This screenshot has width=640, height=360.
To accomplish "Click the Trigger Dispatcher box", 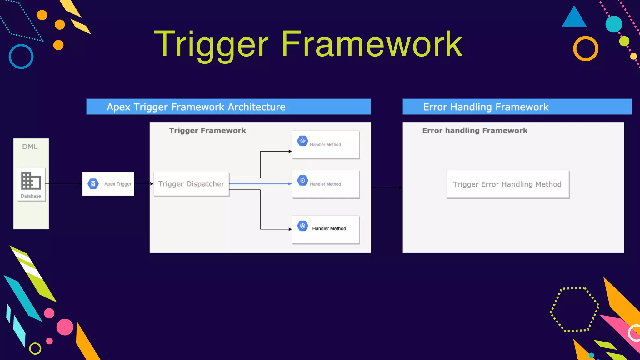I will coord(191,184).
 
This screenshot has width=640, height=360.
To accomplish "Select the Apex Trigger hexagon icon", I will coord(93,184).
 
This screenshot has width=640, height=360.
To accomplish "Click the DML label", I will coord(30,147).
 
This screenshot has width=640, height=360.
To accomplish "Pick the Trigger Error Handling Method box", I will coord(507,184).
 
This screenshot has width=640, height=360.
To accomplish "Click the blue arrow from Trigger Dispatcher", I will coord(260,184).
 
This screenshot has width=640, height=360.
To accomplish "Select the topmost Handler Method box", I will coord(326,144).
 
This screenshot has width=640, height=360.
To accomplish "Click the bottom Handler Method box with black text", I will coord(326,229).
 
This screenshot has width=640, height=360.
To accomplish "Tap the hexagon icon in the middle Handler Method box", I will coord(302,180).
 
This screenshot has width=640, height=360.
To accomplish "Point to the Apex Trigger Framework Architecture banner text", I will coord(196,107).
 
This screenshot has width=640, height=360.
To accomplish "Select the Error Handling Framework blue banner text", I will coord(486,107).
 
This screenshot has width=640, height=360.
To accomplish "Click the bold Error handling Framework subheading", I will coord(475,130).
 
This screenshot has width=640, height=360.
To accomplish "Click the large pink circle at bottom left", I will coord(65,327).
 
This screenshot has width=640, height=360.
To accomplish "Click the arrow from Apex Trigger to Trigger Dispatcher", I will coord(144,184).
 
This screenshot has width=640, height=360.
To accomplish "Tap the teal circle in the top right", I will coord(614,24).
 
